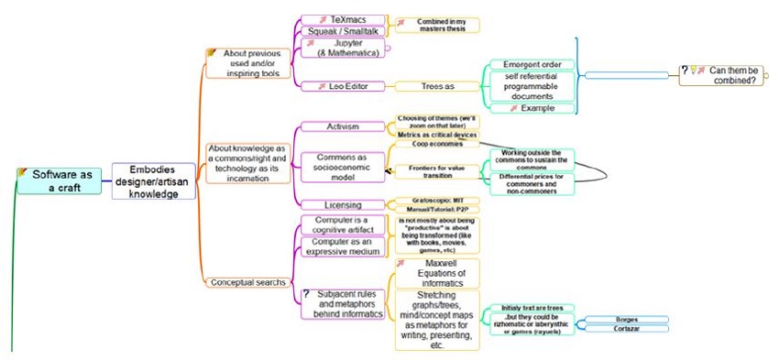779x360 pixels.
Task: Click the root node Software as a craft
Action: pos(65,180)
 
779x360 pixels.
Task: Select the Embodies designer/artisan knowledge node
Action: pos(153,180)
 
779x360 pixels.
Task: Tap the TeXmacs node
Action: pos(340,19)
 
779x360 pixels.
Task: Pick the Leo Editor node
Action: pos(340,86)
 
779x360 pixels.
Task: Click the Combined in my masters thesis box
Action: pos(436,25)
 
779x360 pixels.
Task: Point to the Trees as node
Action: pos(437,86)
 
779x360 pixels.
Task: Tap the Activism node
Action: pos(342,125)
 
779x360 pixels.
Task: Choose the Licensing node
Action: pos(342,204)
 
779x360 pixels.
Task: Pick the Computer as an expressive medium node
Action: pos(341,246)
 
